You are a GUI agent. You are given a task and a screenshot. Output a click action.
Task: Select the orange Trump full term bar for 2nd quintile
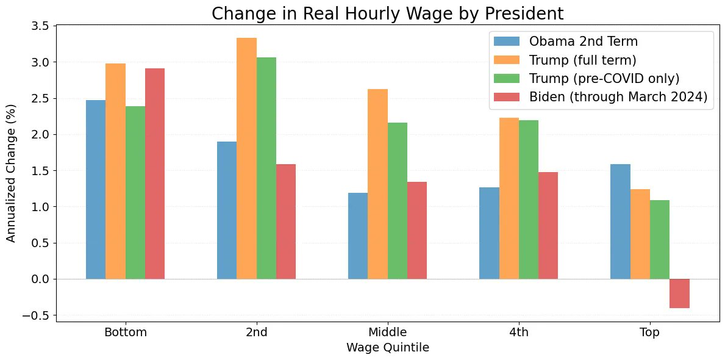coord(246,159)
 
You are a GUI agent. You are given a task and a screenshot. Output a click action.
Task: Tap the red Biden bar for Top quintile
coord(679,293)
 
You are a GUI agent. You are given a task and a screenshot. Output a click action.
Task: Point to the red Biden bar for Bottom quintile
coord(155,174)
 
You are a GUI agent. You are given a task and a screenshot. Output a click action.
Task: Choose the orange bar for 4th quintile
coord(509,198)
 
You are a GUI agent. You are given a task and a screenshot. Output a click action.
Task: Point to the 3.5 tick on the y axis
coord(40,26)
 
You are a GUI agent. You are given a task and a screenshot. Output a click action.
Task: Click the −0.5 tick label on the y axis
coord(37,315)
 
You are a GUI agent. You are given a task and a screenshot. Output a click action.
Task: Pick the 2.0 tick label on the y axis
coord(40,134)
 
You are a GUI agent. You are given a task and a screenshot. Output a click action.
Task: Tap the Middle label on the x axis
coord(387,333)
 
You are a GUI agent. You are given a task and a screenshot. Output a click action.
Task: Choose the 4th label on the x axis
coord(518,333)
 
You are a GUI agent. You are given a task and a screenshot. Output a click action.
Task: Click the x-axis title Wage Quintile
coord(387,348)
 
